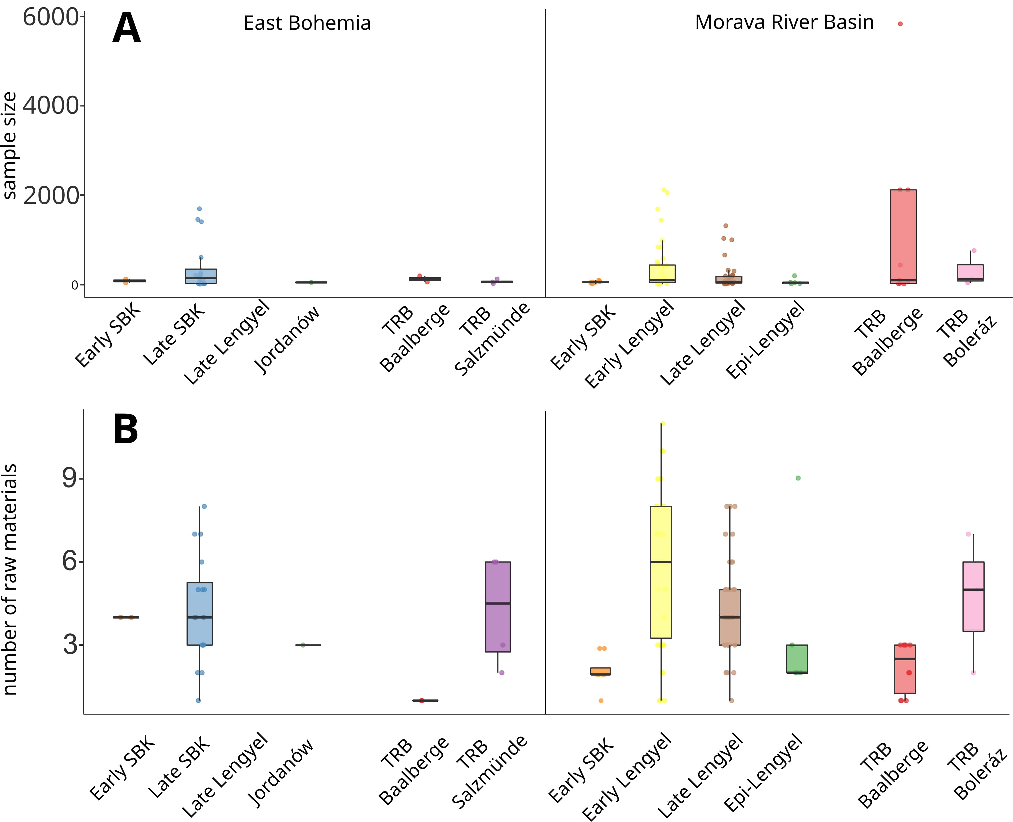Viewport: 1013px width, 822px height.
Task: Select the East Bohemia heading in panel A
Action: pyautogui.click(x=307, y=23)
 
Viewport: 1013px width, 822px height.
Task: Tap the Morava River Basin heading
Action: pyautogui.click(x=784, y=22)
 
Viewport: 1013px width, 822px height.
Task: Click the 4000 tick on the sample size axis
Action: pyautogui.click(x=51, y=105)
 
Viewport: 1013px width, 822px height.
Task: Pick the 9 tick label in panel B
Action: pyautogui.click(x=70, y=478)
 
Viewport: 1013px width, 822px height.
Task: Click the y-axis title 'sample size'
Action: pyautogui.click(x=10, y=146)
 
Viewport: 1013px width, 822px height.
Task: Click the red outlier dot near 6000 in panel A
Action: pyautogui.click(x=900, y=24)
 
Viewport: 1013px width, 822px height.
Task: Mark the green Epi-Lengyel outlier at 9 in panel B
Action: pyautogui.click(x=798, y=478)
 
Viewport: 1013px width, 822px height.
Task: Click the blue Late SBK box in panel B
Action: pyautogui.click(x=199, y=614)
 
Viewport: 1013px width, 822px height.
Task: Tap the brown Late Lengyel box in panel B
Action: pyautogui.click(x=730, y=617)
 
